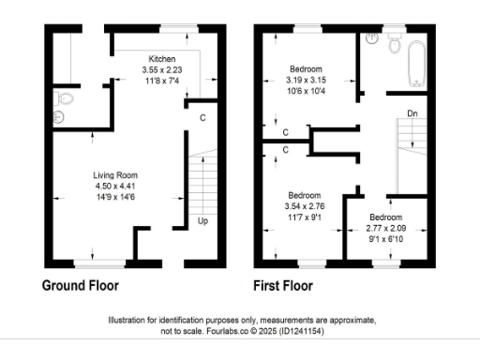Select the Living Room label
point(116,175)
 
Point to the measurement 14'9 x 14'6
point(116,197)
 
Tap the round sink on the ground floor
point(55,117)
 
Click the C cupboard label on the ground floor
point(203,117)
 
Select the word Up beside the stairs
point(202,221)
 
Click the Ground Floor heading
point(81,285)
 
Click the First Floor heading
point(283,285)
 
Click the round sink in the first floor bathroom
point(372,39)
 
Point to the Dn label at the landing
point(412,114)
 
